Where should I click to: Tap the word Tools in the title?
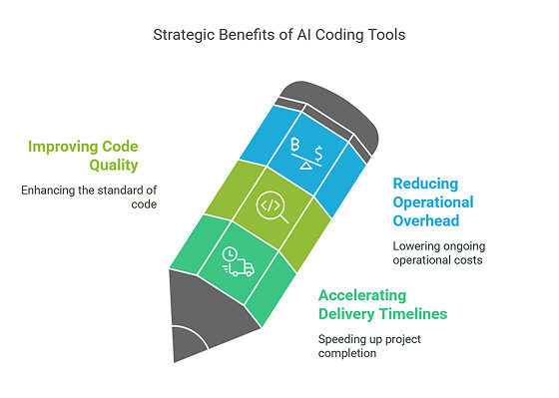(x=384, y=34)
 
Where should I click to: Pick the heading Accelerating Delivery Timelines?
(x=381, y=304)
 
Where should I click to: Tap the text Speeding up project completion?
(x=368, y=347)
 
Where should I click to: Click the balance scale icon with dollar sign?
(x=304, y=155)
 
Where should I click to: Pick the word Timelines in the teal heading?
(x=414, y=314)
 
